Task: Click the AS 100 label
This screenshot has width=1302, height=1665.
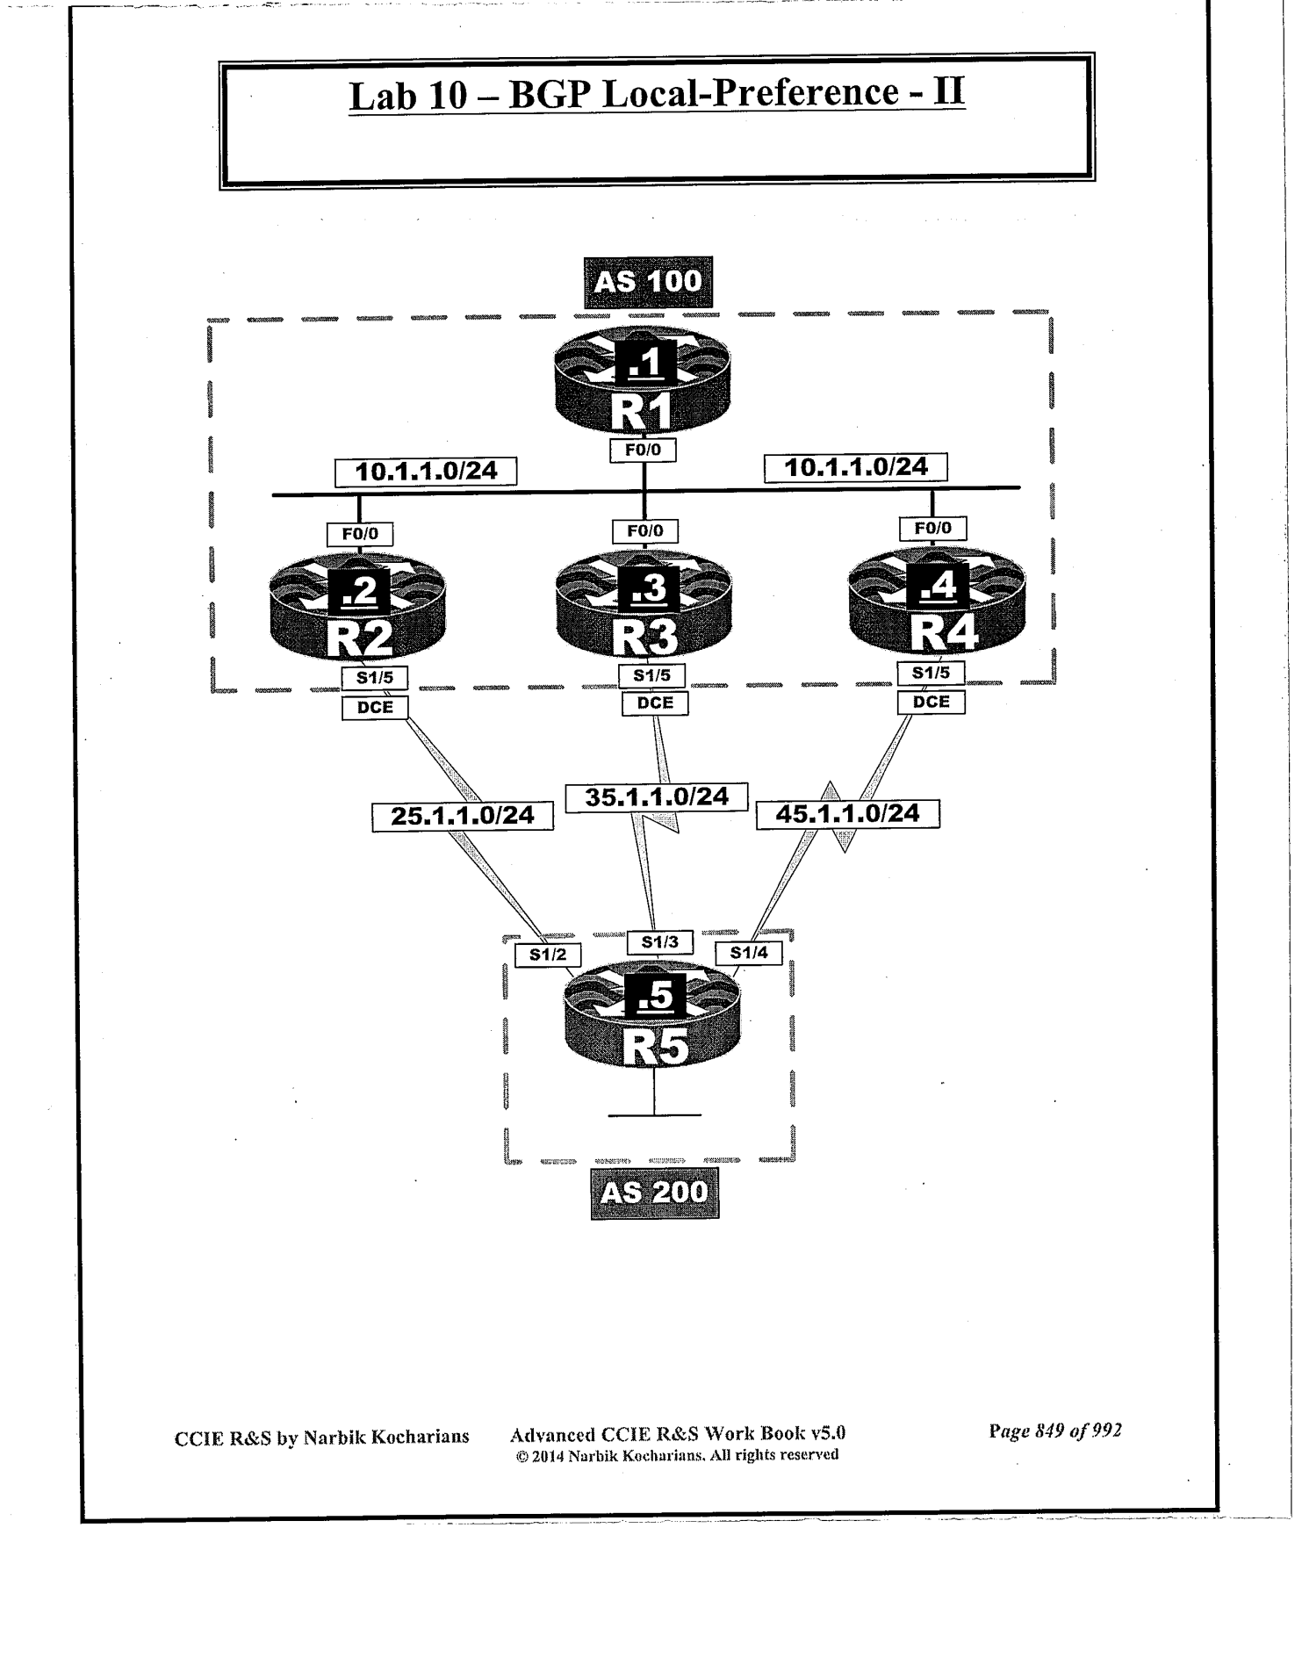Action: tap(648, 282)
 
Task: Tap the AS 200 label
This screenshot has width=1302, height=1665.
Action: tap(654, 1193)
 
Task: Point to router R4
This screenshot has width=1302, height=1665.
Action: tap(938, 604)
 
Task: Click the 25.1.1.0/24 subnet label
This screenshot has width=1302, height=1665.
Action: tap(462, 816)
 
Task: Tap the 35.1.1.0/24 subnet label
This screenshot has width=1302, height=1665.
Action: tap(657, 796)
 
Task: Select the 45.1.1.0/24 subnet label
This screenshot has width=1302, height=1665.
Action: tap(848, 814)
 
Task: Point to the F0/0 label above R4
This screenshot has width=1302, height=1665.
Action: tap(932, 528)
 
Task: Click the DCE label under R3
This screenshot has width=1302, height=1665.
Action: tap(655, 703)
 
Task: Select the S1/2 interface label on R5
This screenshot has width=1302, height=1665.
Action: tap(548, 955)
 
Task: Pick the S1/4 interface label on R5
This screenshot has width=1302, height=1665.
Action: tap(749, 952)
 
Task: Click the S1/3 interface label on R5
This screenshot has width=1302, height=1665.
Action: tap(660, 942)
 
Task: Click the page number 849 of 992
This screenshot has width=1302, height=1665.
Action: tap(1055, 1431)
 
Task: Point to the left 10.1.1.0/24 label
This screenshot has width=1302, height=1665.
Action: tap(426, 472)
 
